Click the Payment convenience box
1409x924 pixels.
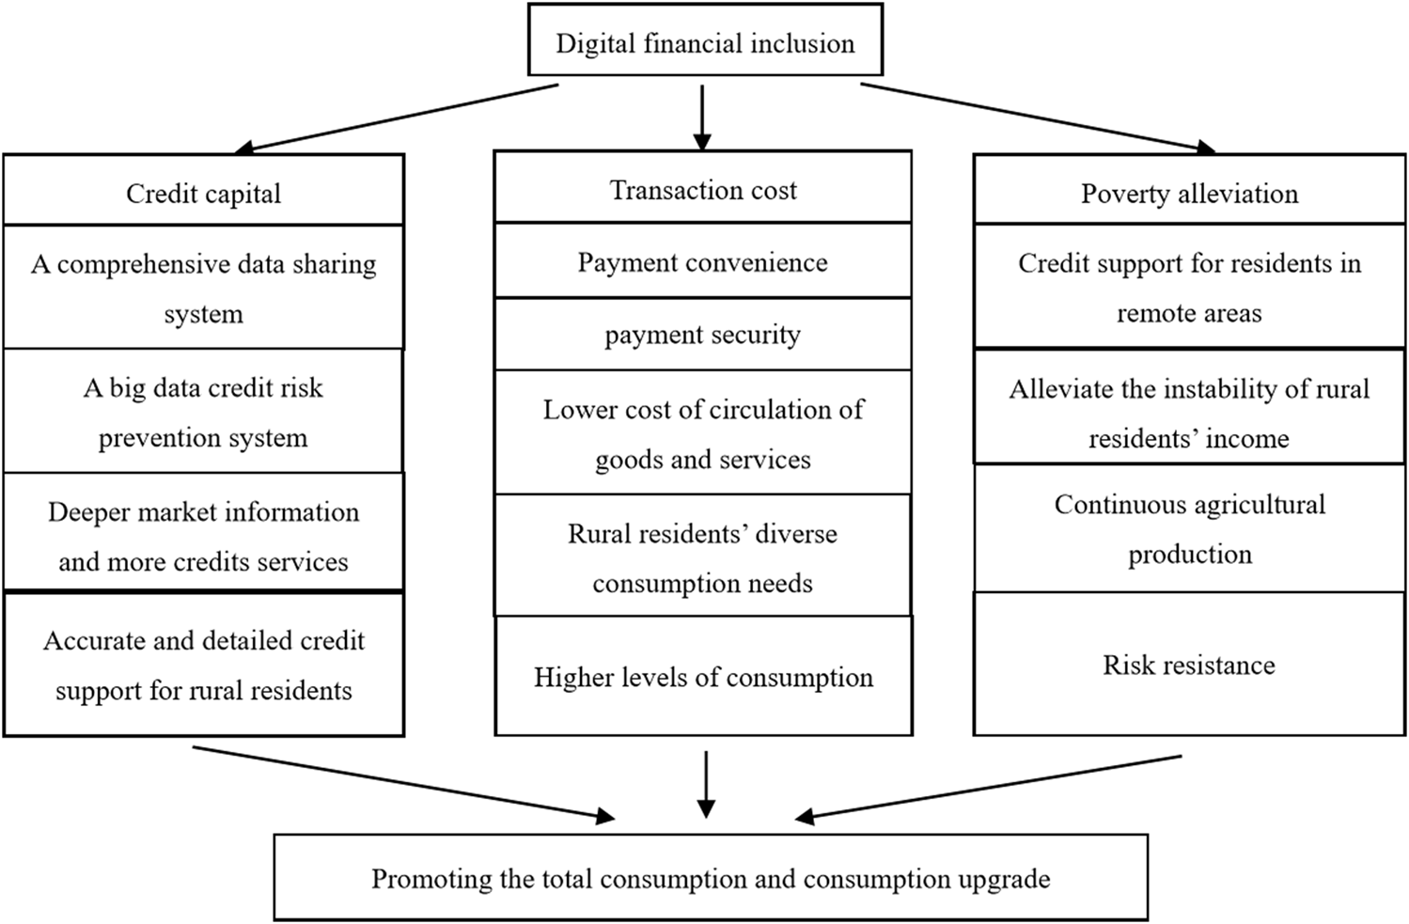point(702,261)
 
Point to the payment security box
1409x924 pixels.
point(702,334)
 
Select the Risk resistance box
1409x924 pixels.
point(1189,665)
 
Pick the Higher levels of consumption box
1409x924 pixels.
point(703,677)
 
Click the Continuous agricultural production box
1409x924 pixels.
point(1189,528)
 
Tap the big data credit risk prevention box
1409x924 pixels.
point(203,412)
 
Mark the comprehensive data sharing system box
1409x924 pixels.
point(203,288)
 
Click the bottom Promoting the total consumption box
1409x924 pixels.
point(711,878)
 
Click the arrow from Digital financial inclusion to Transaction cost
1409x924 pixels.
point(702,117)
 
